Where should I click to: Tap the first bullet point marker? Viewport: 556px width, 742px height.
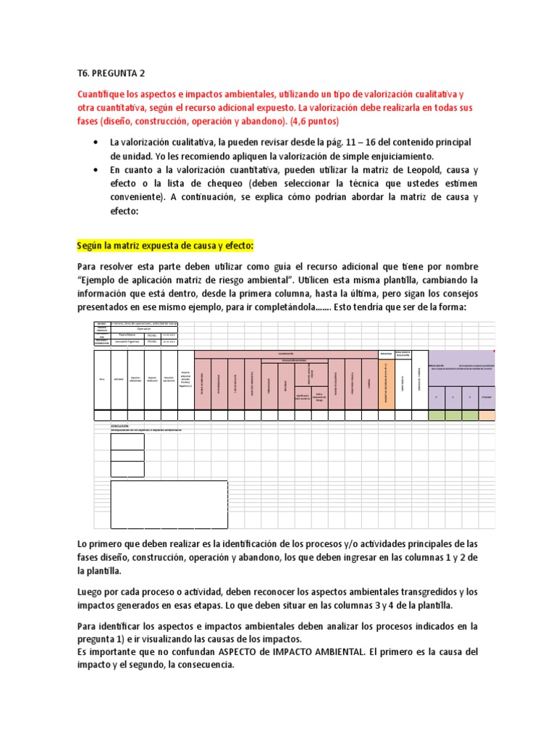pyautogui.click(x=96, y=143)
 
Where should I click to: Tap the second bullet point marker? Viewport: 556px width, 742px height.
pyautogui.click(x=96, y=169)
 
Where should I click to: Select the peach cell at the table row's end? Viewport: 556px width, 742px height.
pyautogui.click(x=486, y=415)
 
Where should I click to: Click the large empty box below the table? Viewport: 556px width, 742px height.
pyautogui.click(x=169, y=504)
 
